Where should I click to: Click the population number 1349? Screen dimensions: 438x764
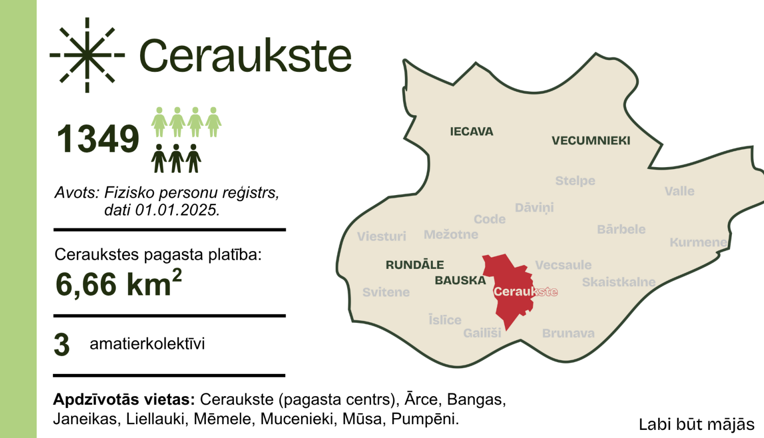pyautogui.click(x=97, y=139)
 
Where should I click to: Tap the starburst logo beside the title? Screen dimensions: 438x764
pyautogui.click(x=87, y=55)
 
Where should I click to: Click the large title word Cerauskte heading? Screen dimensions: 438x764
pyautogui.click(x=245, y=56)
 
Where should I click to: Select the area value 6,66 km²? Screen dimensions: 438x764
pyautogui.click(x=118, y=283)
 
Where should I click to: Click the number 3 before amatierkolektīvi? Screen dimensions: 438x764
pyautogui.click(x=62, y=345)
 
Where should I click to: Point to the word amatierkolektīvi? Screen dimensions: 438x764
pyautogui.click(x=147, y=344)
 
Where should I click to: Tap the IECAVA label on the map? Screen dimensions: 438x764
pyautogui.click(x=471, y=131)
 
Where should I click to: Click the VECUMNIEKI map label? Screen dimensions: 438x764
pyautogui.click(x=591, y=141)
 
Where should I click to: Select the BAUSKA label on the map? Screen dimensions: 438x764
pyautogui.click(x=460, y=281)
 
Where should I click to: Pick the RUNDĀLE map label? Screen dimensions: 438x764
pyautogui.click(x=415, y=265)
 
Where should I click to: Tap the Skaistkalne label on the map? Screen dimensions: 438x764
pyautogui.click(x=618, y=282)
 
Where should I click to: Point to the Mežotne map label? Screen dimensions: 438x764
pyautogui.click(x=451, y=235)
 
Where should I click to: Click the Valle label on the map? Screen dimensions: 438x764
pyautogui.click(x=679, y=191)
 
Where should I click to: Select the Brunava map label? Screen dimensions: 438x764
pyautogui.click(x=568, y=334)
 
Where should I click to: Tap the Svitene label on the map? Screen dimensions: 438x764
pyautogui.click(x=386, y=292)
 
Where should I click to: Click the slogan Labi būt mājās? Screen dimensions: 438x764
pyautogui.click(x=696, y=424)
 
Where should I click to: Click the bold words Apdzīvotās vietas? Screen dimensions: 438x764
pyautogui.click(x=124, y=399)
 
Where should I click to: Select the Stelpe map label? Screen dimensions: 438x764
pyautogui.click(x=575, y=181)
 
